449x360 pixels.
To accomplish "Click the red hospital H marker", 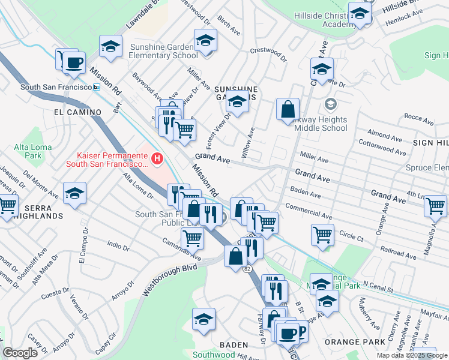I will [157, 159].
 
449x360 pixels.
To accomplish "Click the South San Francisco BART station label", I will [56, 87].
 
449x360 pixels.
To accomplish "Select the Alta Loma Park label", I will [28, 152].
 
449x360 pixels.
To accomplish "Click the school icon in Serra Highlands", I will [75, 194].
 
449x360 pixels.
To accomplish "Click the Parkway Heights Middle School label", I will [316, 124].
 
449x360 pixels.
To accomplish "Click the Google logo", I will [20, 353].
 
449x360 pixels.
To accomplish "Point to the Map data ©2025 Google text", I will [412, 355].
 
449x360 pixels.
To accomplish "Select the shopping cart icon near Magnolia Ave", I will [435, 206].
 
